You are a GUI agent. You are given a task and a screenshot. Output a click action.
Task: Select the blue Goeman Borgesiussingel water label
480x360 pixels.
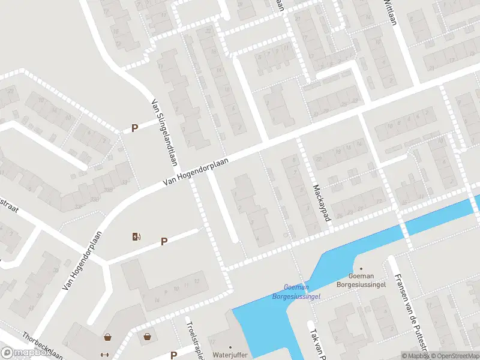pyautogui.click(x=296, y=292)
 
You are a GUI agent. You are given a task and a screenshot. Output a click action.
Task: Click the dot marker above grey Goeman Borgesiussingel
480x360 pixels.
pyautogui.click(x=361, y=269)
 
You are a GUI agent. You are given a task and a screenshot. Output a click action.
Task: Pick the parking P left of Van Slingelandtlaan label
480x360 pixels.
pyautogui.click(x=135, y=128)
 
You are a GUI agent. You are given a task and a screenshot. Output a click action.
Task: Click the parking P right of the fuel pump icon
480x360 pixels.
pyautogui.click(x=164, y=241)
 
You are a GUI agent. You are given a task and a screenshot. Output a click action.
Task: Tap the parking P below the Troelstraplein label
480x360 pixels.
pyautogui.click(x=173, y=355)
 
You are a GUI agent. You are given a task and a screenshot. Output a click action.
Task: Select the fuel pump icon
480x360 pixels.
pyautogui.click(x=137, y=236)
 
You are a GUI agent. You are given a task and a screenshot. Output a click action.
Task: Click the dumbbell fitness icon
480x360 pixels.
pyautogui.click(x=106, y=354)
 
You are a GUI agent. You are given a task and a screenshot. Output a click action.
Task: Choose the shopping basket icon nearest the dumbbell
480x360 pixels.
pyautogui.click(x=108, y=337)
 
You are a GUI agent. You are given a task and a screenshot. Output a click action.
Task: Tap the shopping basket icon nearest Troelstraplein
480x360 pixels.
pyautogui.click(x=148, y=337)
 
